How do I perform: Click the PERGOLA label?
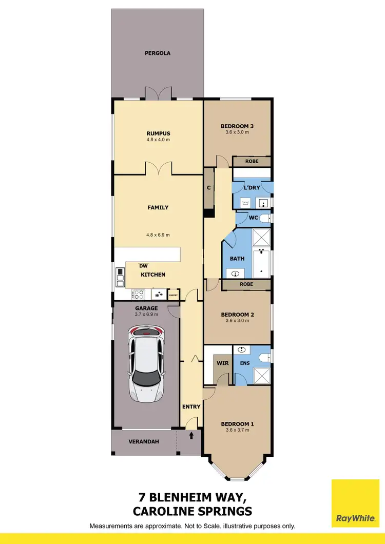coord(157,53)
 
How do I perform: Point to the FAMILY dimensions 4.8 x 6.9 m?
coord(157,235)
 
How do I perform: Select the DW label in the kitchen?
coord(144,266)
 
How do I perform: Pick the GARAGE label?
coord(146,308)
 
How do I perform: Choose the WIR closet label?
coord(222,363)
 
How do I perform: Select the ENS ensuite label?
coord(245,363)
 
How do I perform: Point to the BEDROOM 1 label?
coord(237,424)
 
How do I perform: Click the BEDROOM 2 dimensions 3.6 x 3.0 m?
coord(237,321)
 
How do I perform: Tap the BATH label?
coord(237,259)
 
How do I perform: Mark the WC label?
coord(253,218)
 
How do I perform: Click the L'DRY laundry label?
coord(252,188)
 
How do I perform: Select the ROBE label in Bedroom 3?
coord(252,161)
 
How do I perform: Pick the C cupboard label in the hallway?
coord(209,188)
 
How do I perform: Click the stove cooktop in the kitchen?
coord(139,295)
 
